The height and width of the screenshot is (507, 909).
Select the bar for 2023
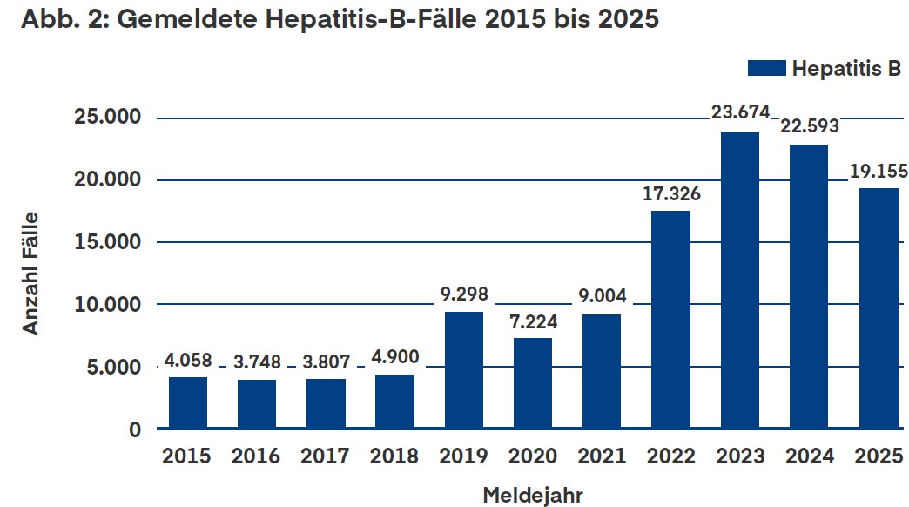click(x=740, y=281)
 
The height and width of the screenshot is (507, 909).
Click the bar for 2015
click(x=188, y=403)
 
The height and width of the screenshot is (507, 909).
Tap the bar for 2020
click(x=533, y=383)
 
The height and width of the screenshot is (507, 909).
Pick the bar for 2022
click(x=670, y=320)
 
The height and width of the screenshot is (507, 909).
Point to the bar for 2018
click(x=394, y=402)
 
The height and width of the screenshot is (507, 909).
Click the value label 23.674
click(x=740, y=112)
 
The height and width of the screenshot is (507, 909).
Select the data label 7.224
click(x=534, y=321)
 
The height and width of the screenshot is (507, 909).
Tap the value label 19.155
click(x=879, y=171)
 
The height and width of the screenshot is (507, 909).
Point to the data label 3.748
click(x=257, y=362)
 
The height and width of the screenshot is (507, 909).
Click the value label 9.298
click(x=464, y=294)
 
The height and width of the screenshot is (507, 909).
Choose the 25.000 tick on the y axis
click(x=107, y=117)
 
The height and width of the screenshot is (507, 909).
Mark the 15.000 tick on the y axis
click(x=107, y=242)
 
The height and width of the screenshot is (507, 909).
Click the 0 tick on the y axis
click(x=135, y=429)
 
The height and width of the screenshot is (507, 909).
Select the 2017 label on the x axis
click(x=325, y=456)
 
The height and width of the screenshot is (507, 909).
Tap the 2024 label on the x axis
click(x=809, y=456)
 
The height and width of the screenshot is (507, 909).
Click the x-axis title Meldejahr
click(x=533, y=496)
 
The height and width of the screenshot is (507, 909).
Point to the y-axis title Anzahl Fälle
click(x=30, y=274)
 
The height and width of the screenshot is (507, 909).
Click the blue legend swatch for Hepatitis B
click(x=766, y=68)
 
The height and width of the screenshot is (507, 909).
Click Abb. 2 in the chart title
click(x=65, y=18)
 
